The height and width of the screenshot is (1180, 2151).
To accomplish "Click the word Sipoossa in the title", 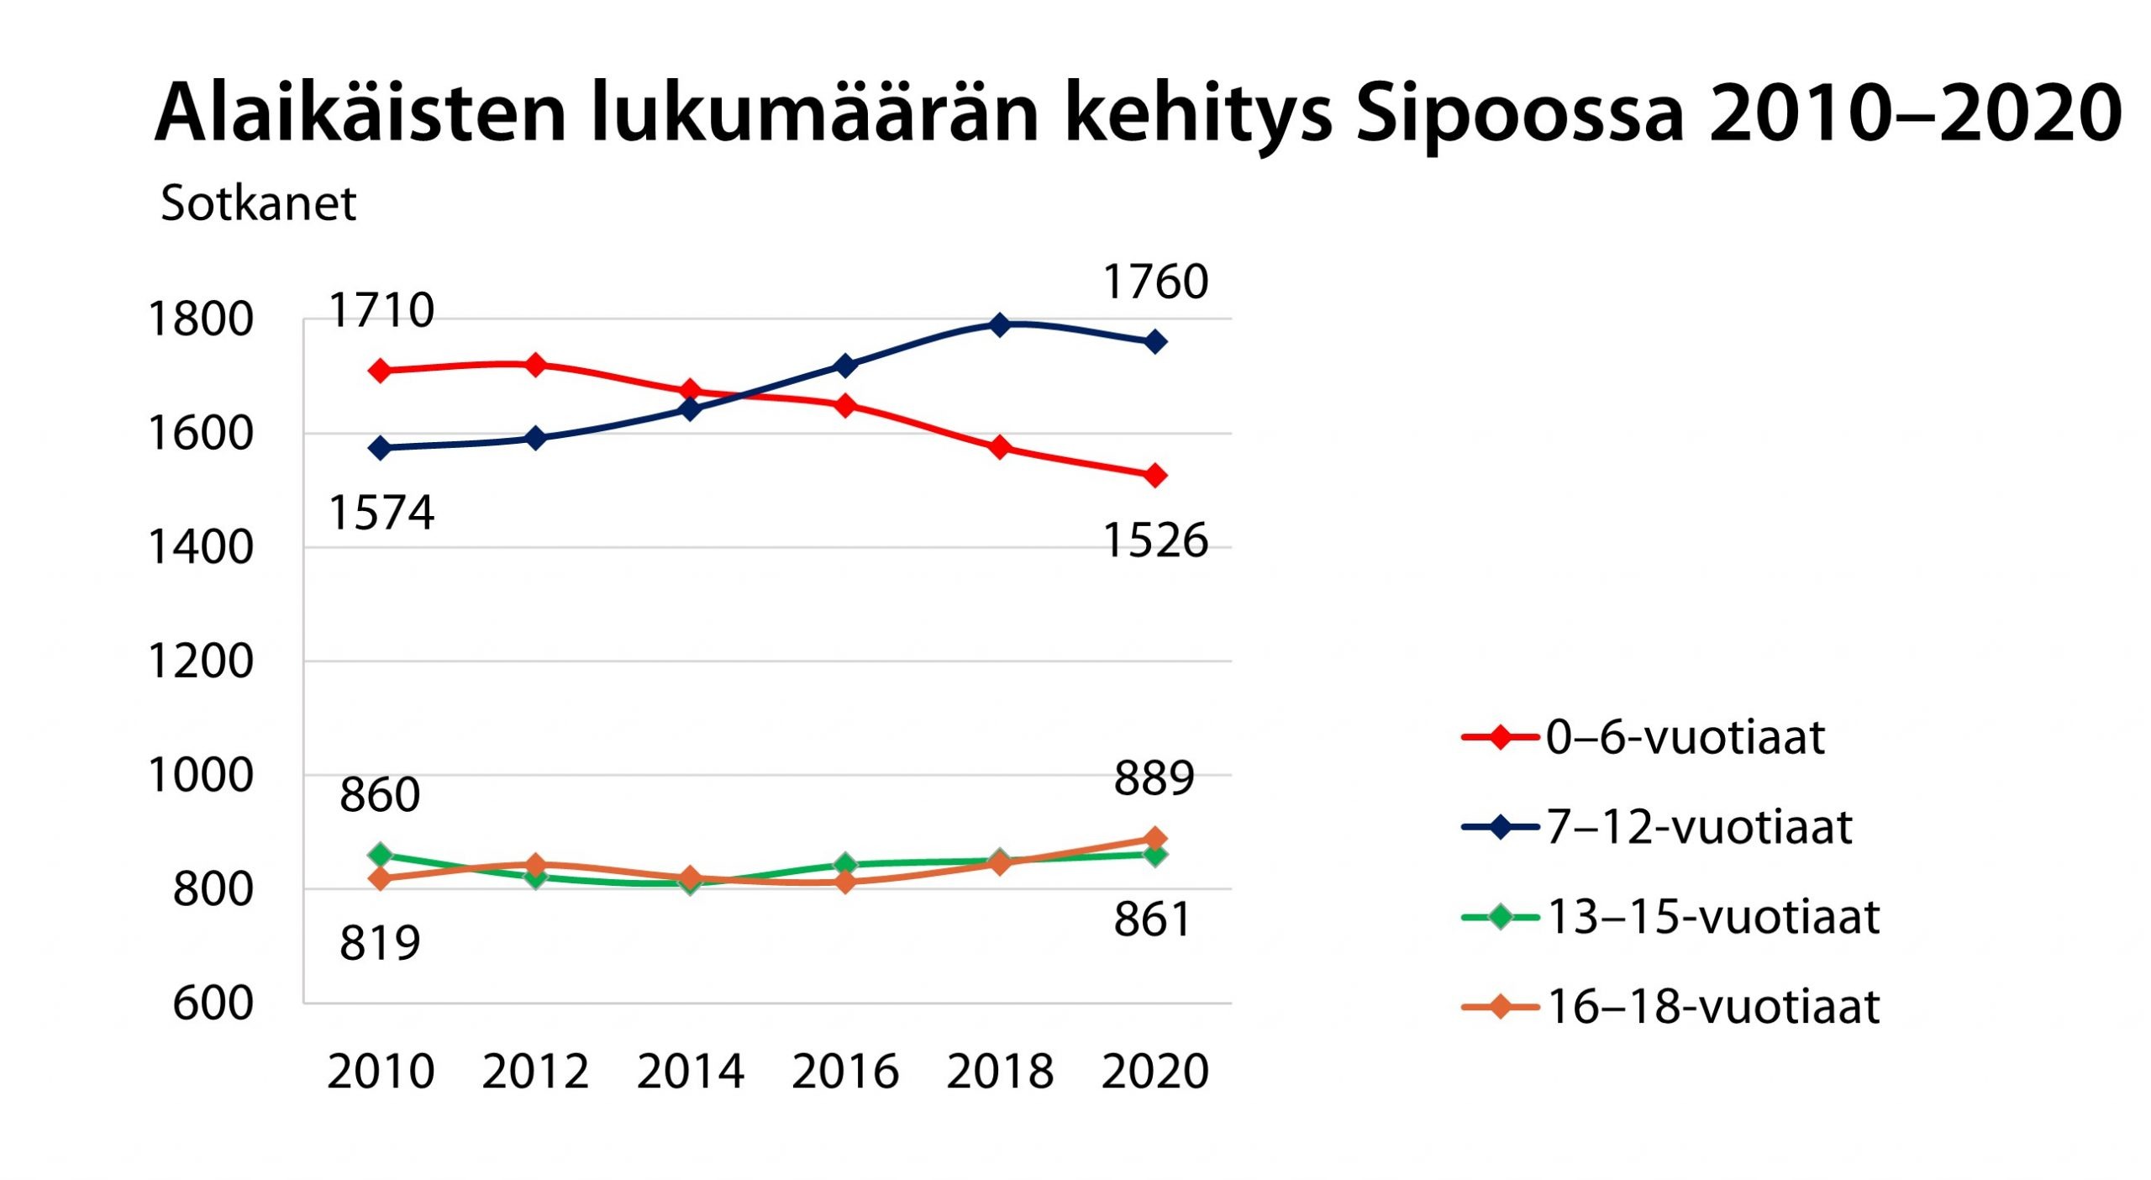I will [1519, 113].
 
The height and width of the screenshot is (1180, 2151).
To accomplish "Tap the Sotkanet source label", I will [258, 203].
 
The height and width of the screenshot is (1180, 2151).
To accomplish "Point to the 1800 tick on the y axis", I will [200, 319].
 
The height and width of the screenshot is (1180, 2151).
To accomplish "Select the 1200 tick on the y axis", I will [200, 661].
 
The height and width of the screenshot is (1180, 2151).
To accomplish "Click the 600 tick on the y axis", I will [213, 1004].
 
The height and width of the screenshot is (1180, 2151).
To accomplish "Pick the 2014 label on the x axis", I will [690, 1072].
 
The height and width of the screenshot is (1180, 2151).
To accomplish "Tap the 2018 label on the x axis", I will [1000, 1072].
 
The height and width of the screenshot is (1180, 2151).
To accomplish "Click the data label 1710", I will [381, 310].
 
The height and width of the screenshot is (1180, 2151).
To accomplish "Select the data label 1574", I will [381, 513].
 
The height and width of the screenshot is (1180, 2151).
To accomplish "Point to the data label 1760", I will [1155, 282].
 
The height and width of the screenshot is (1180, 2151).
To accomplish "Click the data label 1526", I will [1155, 540].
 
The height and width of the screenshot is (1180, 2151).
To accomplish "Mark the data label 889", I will [1154, 778].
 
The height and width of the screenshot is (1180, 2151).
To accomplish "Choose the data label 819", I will [380, 943].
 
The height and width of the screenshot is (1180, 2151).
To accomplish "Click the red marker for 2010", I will [381, 371].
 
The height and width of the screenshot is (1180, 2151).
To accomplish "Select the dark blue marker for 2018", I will [1000, 324].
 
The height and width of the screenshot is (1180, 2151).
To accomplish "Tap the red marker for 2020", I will [1155, 476].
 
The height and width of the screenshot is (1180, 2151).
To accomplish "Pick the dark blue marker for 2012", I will [535, 438].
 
